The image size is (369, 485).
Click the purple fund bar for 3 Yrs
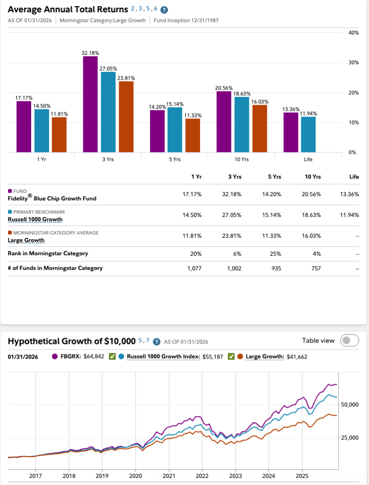[x=90, y=104]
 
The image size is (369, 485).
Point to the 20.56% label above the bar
[x=223, y=88]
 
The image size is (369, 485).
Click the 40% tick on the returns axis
[x=353, y=33]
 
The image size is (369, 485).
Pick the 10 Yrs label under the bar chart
[x=241, y=159]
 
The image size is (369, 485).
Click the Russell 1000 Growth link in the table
[x=35, y=219]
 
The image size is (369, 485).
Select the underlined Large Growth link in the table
[x=26, y=240]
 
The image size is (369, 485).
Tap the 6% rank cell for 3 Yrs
[x=238, y=253]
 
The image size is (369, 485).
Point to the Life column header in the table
[x=354, y=177]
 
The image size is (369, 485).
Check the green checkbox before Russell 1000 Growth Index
[x=113, y=357]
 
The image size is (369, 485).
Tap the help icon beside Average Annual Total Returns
[x=164, y=10]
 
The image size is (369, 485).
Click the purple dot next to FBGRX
[x=54, y=357]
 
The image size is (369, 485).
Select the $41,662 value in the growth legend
[x=297, y=357]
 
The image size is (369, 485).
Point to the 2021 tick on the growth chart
[x=169, y=475]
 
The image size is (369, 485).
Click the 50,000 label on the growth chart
[x=350, y=404]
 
